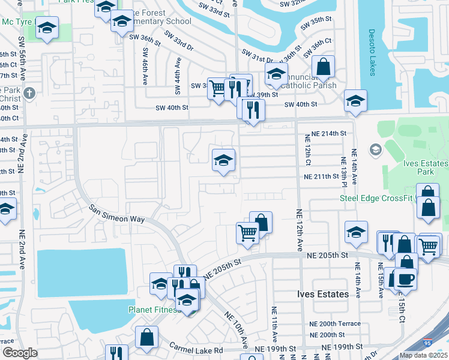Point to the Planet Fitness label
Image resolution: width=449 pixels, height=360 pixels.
point(154,310)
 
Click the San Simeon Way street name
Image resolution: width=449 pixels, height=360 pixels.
point(117,214)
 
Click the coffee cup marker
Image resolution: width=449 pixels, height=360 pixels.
point(405,278)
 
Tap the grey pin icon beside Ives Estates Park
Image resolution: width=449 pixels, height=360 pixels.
point(376,149)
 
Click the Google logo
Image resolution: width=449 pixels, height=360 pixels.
point(19,353)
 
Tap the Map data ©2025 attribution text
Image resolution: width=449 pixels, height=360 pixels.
point(423,355)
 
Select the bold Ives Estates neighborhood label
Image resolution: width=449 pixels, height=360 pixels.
point(323,295)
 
